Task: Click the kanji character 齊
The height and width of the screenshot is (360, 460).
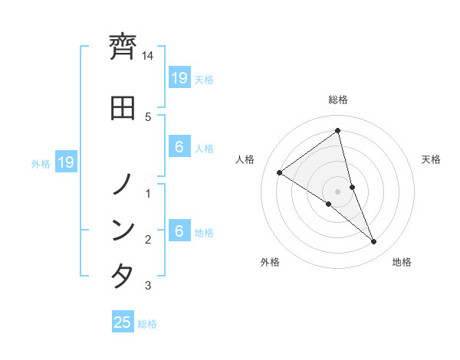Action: tap(123, 48)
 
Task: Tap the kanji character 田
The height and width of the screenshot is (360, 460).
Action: tap(123, 107)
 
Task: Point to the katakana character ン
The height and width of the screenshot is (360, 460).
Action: tap(123, 230)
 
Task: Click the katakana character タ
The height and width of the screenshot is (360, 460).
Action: tap(123, 276)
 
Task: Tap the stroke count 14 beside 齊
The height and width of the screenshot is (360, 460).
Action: tap(148, 56)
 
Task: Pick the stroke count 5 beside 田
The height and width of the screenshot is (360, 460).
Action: tap(148, 116)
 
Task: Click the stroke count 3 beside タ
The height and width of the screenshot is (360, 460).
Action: tap(148, 286)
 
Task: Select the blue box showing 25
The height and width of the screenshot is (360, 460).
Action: tap(123, 322)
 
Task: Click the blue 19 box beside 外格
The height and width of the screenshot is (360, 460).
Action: tap(65, 162)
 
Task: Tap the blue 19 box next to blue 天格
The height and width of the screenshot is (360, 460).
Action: tap(179, 78)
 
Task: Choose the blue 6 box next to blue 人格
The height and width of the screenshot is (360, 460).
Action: tap(179, 148)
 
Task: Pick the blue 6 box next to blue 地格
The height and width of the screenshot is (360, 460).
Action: tap(179, 231)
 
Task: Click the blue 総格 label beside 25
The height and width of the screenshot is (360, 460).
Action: tap(147, 324)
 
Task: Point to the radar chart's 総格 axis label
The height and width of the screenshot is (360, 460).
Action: tap(338, 100)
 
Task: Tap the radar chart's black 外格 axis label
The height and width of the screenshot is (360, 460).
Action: tap(270, 262)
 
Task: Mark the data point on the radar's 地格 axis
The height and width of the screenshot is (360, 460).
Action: tap(374, 242)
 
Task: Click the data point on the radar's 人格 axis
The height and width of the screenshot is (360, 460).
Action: tap(280, 173)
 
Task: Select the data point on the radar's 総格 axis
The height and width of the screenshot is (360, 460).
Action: tap(338, 131)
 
